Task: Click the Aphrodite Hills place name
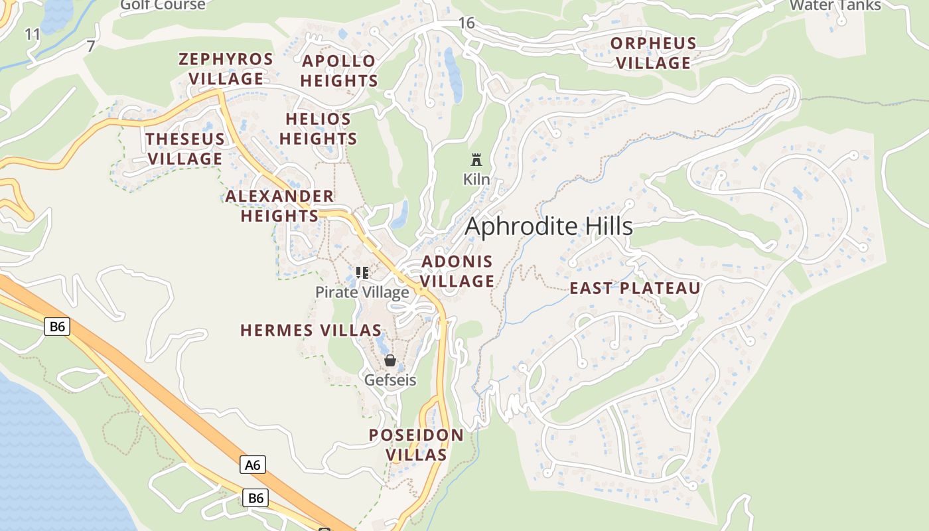click(549, 226)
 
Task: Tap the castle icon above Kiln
click(476, 160)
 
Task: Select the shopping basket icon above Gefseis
click(390, 360)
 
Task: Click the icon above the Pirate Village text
click(362, 273)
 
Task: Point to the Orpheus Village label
click(654, 53)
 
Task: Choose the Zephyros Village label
click(226, 68)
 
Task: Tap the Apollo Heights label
click(339, 71)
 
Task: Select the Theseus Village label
click(185, 149)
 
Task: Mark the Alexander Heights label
click(279, 206)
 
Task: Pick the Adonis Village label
click(457, 271)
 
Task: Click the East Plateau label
click(635, 288)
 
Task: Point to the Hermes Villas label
click(311, 330)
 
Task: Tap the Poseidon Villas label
click(416, 445)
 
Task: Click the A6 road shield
click(253, 465)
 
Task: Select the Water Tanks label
click(835, 5)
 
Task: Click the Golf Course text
click(163, 5)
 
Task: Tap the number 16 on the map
click(466, 23)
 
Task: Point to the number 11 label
click(33, 34)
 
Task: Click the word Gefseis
click(390, 380)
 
